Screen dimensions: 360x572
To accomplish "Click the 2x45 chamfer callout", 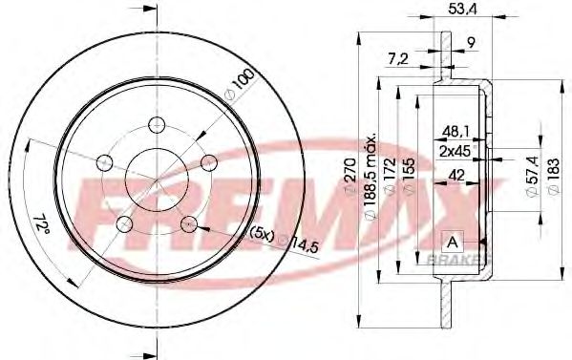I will coord(455,151).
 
